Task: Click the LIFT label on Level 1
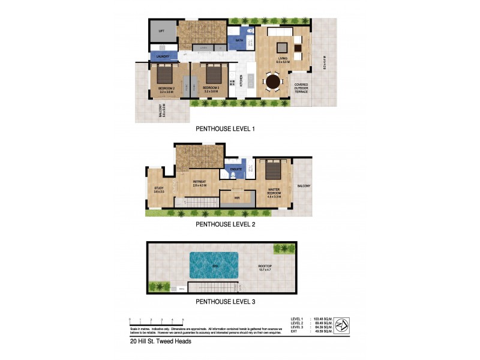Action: coord(161,31)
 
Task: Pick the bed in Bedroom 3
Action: coord(212,74)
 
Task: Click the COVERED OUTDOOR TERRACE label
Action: coord(300,88)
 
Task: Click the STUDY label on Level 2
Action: coord(158,189)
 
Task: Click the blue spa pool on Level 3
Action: coord(214,264)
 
